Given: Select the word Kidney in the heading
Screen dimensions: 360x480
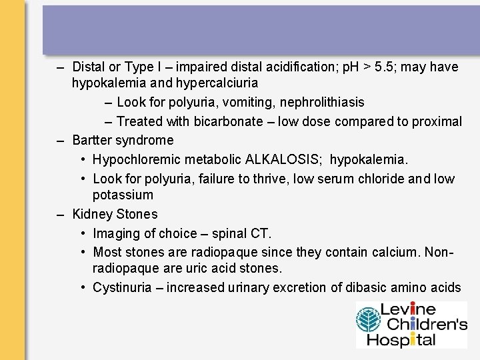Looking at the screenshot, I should click(92, 214).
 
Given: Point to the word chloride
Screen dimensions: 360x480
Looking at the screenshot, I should click(381, 179).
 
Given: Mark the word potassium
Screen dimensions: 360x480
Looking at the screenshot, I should click(123, 195).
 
